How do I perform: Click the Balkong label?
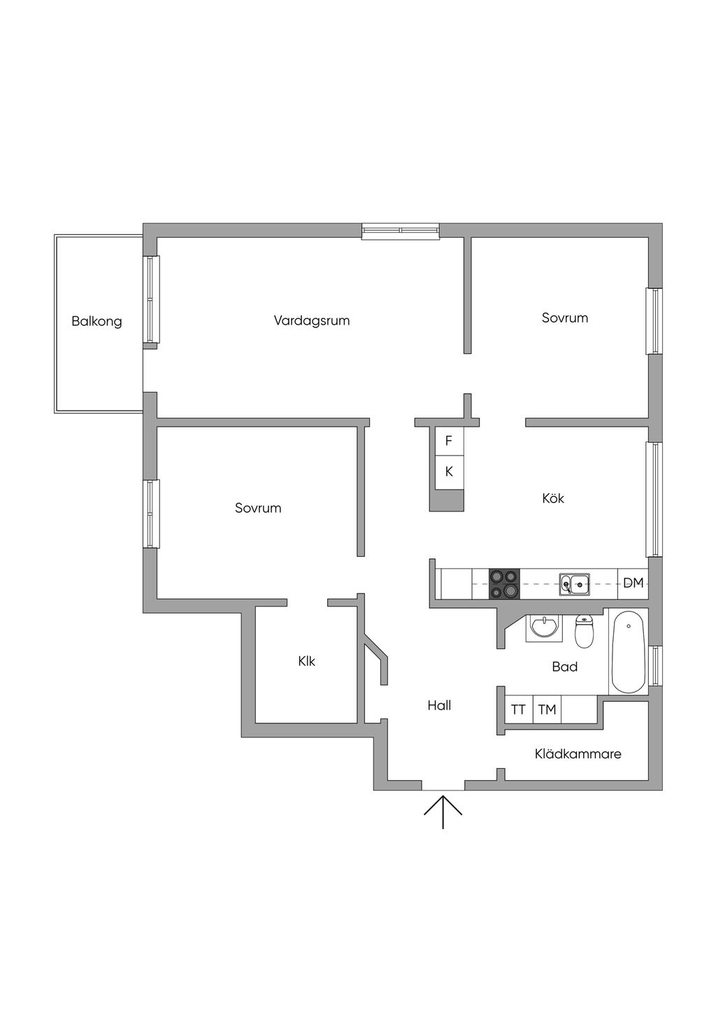[96, 322]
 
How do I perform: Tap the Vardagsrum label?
[311, 321]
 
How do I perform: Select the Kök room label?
[552, 499]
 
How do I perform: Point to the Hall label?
[439, 706]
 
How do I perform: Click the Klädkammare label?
[578, 754]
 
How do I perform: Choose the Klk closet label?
[306, 661]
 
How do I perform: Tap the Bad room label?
[564, 667]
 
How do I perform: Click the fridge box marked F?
[449, 441]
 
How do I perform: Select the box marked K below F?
[449, 472]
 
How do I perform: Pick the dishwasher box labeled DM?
[633, 583]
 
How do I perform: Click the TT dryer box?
[518, 709]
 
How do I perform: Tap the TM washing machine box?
[547, 709]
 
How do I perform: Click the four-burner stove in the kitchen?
[504, 584]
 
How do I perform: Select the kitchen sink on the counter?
[574, 583]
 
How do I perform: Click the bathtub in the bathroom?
[629, 651]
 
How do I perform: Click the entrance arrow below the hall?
[443, 812]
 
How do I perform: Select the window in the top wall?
[401, 231]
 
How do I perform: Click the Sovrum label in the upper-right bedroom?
[564, 318]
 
